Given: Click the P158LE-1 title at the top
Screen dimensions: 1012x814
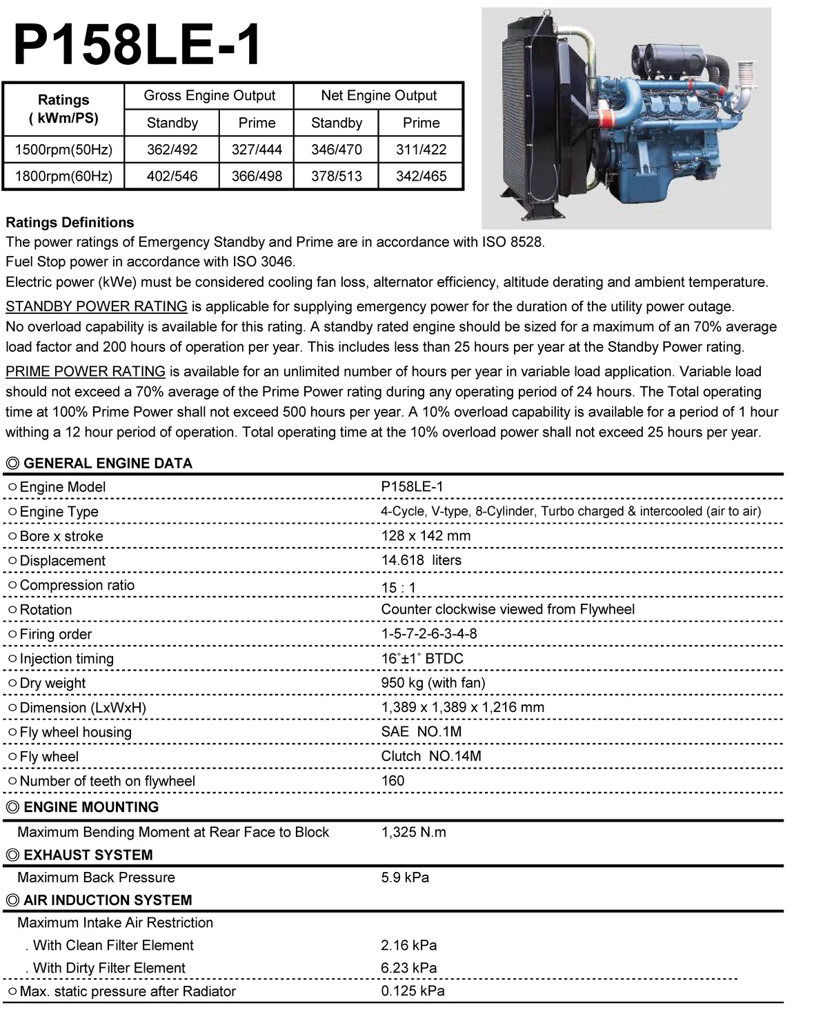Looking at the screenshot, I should pyautogui.click(x=137, y=45).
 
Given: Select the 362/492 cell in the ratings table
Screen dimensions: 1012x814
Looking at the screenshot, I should pyautogui.click(x=172, y=149).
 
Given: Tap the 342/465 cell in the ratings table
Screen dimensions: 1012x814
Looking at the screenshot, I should pyautogui.click(x=421, y=176).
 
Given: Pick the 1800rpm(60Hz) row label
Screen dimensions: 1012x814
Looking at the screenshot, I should pyautogui.click(x=63, y=176).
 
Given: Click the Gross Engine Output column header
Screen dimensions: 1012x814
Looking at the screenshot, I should pyautogui.click(x=209, y=95).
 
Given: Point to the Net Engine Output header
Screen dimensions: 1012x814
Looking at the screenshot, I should pyautogui.click(x=379, y=95).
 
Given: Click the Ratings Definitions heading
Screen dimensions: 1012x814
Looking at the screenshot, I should pyautogui.click(x=70, y=222).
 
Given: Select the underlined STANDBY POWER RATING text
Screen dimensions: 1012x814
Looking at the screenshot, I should pyautogui.click(x=97, y=306).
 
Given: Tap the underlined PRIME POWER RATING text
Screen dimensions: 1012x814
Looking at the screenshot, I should pyautogui.click(x=86, y=371).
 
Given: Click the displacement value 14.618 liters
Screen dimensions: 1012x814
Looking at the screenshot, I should pyautogui.click(x=421, y=560).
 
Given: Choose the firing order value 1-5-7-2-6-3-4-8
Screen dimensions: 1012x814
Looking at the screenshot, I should pyautogui.click(x=428, y=633).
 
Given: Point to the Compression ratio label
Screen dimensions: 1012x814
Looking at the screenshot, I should pyautogui.click(x=77, y=585).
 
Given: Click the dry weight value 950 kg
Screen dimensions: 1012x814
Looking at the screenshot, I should pyautogui.click(x=433, y=682).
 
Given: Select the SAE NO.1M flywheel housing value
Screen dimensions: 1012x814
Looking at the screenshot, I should pyautogui.click(x=421, y=731).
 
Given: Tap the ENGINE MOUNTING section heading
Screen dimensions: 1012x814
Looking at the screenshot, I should pyautogui.click(x=90, y=806).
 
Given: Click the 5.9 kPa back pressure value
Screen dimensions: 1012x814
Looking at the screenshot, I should pyautogui.click(x=405, y=877).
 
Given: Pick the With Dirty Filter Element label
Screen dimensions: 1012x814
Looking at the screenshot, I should pyautogui.click(x=108, y=968).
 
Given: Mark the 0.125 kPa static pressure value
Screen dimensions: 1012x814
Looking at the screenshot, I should pyautogui.click(x=413, y=991).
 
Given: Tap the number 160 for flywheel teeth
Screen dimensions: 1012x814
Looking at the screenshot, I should pyautogui.click(x=393, y=780).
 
